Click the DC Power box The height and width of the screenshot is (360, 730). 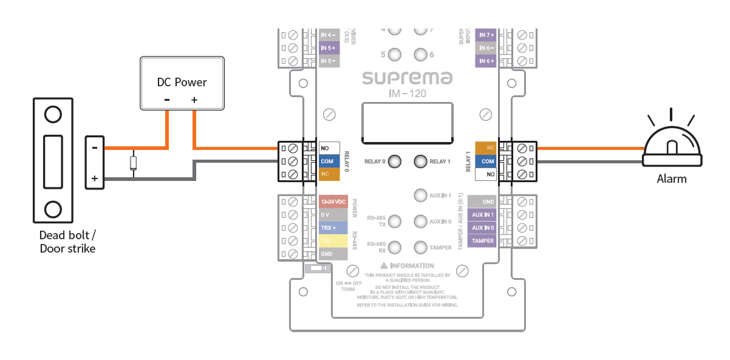tap(182, 84)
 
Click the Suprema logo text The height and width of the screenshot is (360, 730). tap(407, 78)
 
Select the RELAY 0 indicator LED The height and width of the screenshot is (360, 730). tap(395, 161)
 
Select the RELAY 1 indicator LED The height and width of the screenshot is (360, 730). tap(420, 161)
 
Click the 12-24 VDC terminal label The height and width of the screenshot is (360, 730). tap(333, 202)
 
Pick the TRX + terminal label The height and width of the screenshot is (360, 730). tap(333, 228)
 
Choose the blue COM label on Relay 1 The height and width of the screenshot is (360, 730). tap(486, 161)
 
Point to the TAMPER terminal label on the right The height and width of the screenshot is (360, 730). tap(483, 241)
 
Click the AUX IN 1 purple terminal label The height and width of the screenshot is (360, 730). tap(483, 215)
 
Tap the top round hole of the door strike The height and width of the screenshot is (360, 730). tap(53, 114)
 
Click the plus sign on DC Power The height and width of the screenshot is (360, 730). tap(194, 100)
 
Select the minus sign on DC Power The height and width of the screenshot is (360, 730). tap(167, 100)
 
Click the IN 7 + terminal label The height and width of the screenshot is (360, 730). tap(486, 35)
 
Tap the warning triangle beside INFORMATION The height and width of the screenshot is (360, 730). tap(384, 265)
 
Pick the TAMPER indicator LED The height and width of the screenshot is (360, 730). tap(420, 248)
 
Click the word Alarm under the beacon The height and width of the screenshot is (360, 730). tap(672, 179)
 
